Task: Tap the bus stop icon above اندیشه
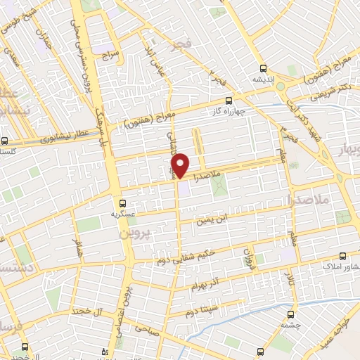tap(263, 69)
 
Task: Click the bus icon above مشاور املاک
tap(343, 257)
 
